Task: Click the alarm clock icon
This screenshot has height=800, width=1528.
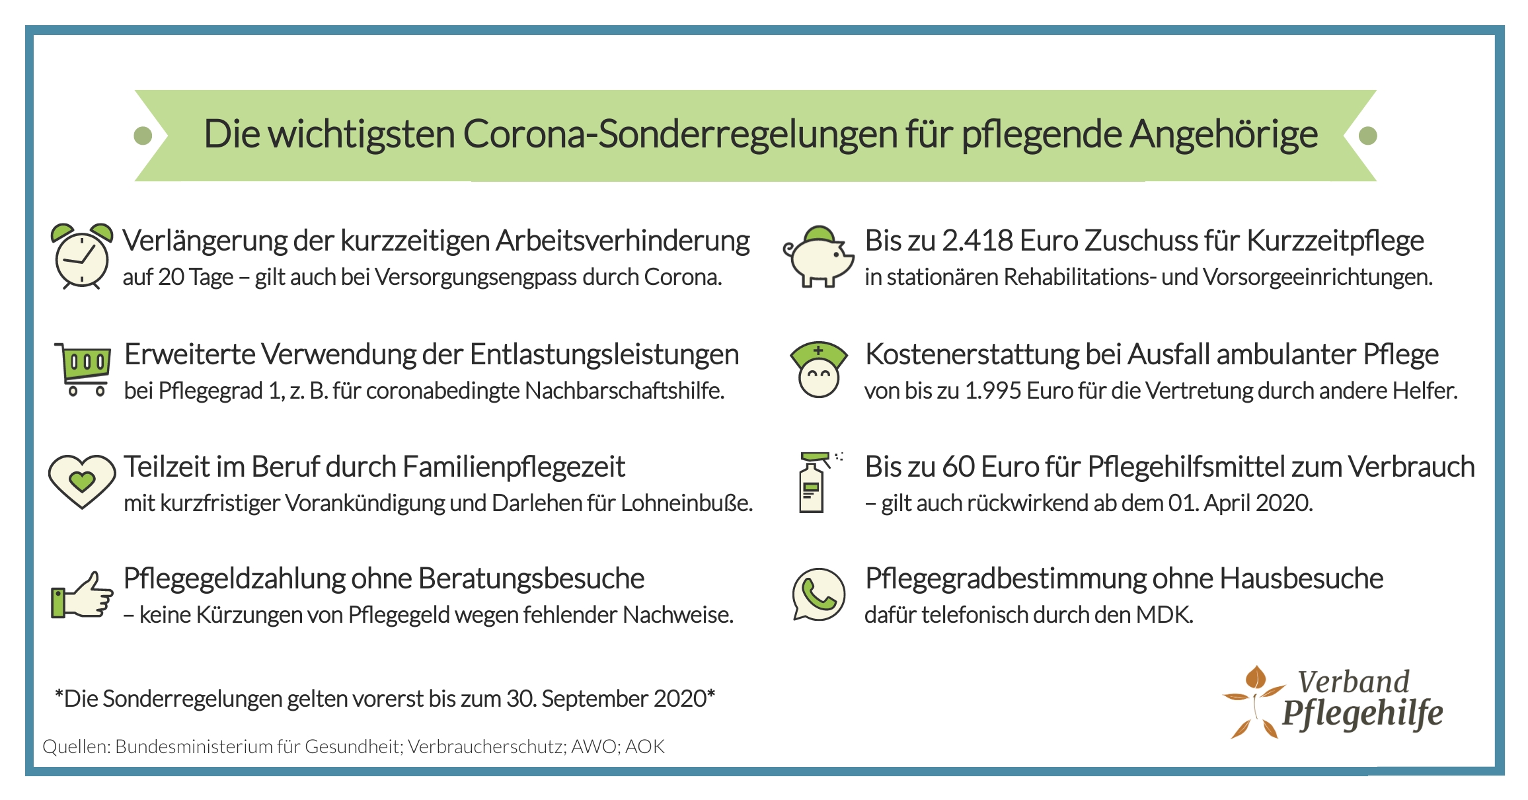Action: coord(81,257)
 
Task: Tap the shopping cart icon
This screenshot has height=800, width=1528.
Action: coord(84,369)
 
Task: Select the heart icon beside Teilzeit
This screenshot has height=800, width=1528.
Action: coord(81,482)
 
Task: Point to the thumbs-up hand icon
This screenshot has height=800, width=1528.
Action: coord(82,595)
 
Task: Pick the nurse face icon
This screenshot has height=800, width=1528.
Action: coord(818,370)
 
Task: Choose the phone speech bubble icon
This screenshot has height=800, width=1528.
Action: coord(818,594)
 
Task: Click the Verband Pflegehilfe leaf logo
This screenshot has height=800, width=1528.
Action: coord(1252,702)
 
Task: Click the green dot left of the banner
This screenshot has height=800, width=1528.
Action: coord(143,136)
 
